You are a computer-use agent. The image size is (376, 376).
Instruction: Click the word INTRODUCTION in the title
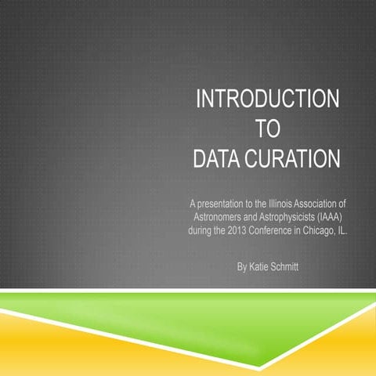point(267,100)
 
